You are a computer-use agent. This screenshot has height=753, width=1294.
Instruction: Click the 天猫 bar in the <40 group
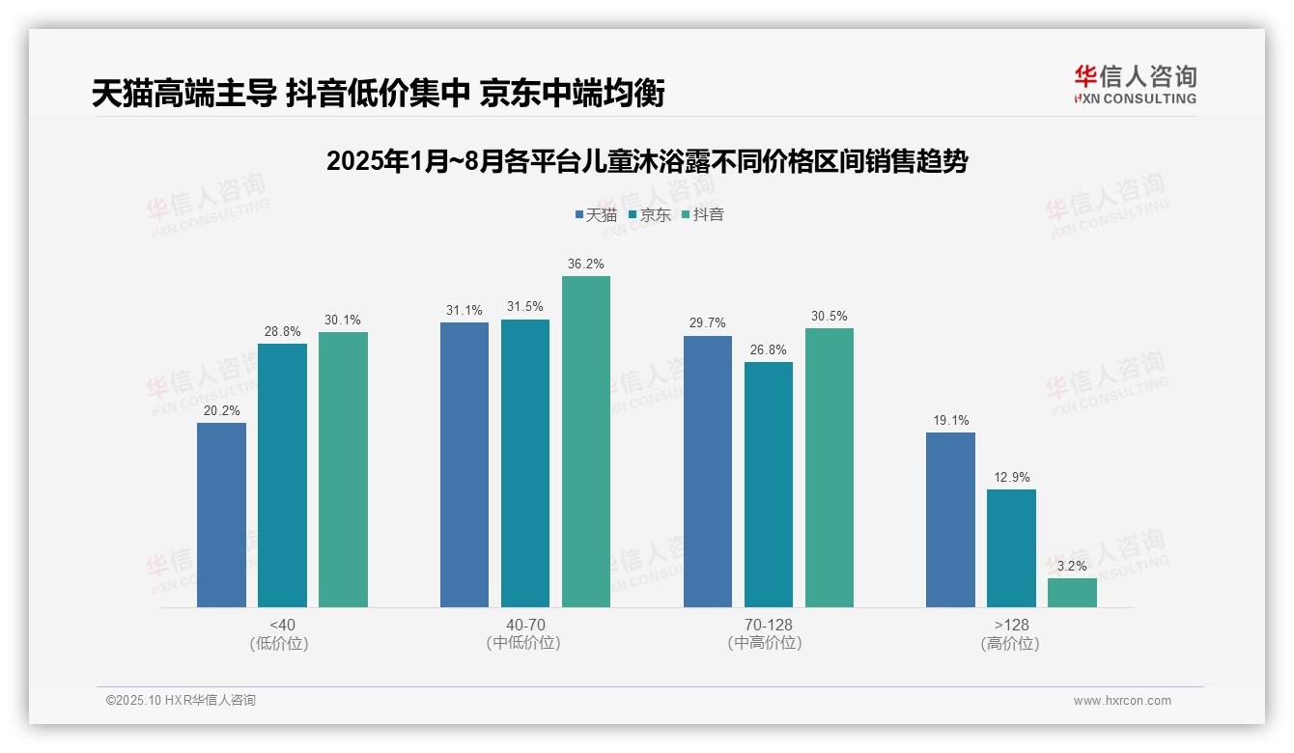coord(221,515)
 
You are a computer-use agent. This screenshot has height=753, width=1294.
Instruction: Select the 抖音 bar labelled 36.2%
coord(586,441)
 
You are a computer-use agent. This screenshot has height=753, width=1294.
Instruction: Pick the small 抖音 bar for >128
coord(1072,592)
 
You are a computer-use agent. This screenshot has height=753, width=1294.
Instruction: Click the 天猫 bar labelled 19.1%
coord(950,519)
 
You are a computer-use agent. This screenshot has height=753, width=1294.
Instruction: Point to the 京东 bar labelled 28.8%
coord(282,475)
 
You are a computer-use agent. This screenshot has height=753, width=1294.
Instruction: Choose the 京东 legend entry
coord(649,214)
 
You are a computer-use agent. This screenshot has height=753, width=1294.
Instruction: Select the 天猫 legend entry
coord(596,214)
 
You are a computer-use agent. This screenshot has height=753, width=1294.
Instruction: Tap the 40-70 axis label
coord(525,625)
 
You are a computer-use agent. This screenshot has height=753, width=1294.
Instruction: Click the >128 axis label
coord(1010,625)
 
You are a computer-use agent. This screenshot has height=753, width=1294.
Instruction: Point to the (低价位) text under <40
coord(279,643)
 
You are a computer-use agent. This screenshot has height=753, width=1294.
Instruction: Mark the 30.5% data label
coord(830,316)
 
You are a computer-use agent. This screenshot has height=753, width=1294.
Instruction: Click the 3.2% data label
coord(1072,566)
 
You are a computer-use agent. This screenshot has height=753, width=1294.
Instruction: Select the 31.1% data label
coord(464,310)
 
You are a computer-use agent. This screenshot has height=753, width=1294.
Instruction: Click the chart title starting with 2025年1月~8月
coord(647,161)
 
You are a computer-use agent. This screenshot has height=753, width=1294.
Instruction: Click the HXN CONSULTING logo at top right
coord(1135,84)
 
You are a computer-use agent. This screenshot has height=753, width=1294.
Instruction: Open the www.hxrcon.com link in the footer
coord(1122,701)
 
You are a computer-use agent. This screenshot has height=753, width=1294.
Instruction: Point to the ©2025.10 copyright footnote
coord(181,700)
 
